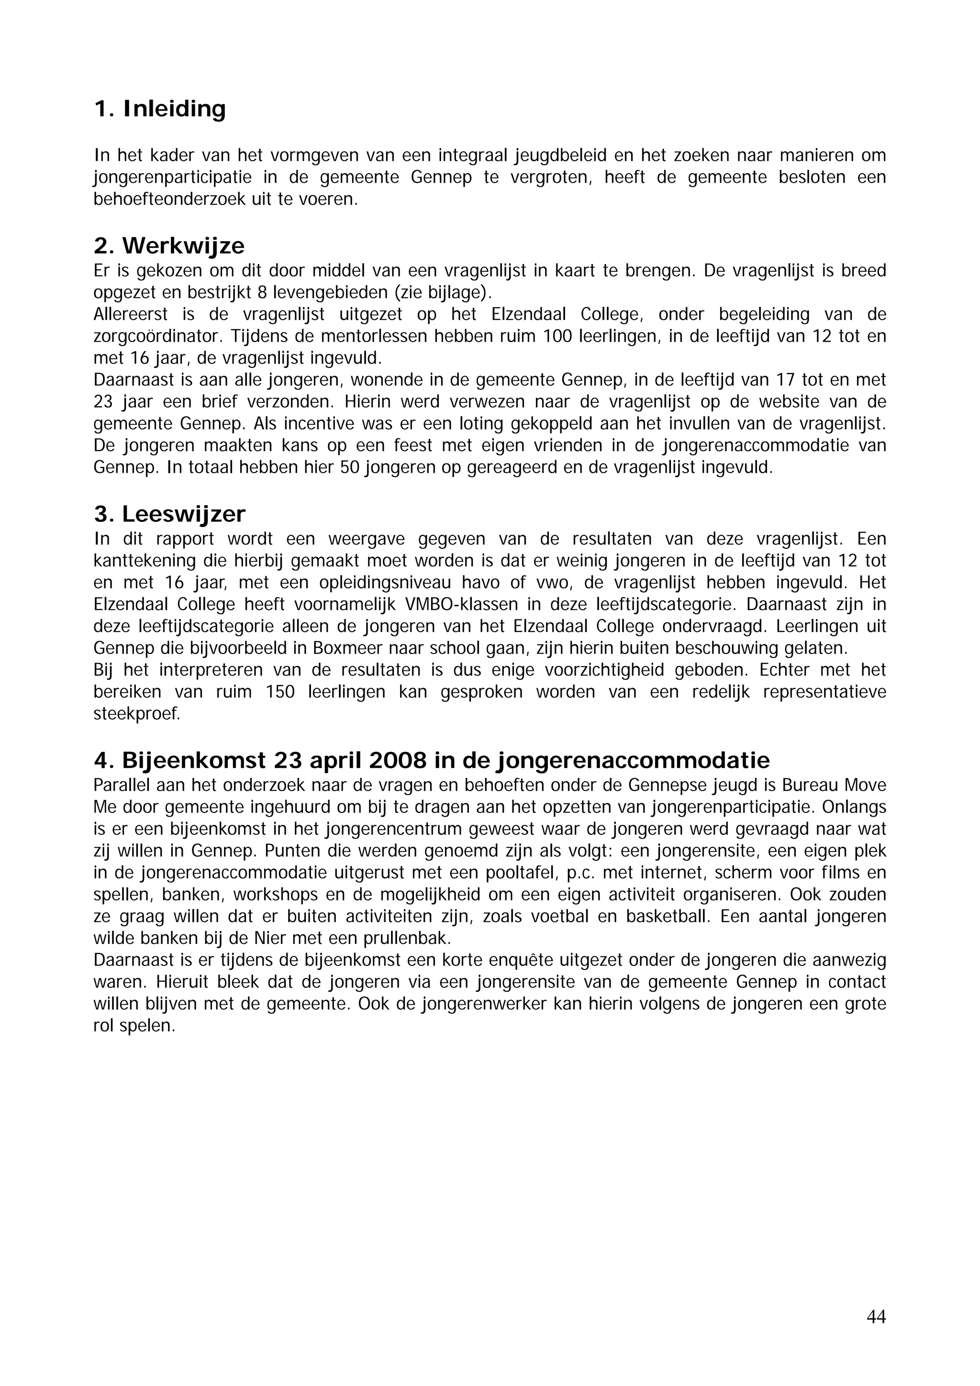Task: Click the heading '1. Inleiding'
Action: coord(159,109)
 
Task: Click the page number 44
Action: coord(876,1316)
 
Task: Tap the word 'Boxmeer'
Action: coord(346,648)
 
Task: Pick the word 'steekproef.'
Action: coord(137,714)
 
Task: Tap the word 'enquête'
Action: coord(526,960)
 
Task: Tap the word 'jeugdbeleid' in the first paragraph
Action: coord(560,156)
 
